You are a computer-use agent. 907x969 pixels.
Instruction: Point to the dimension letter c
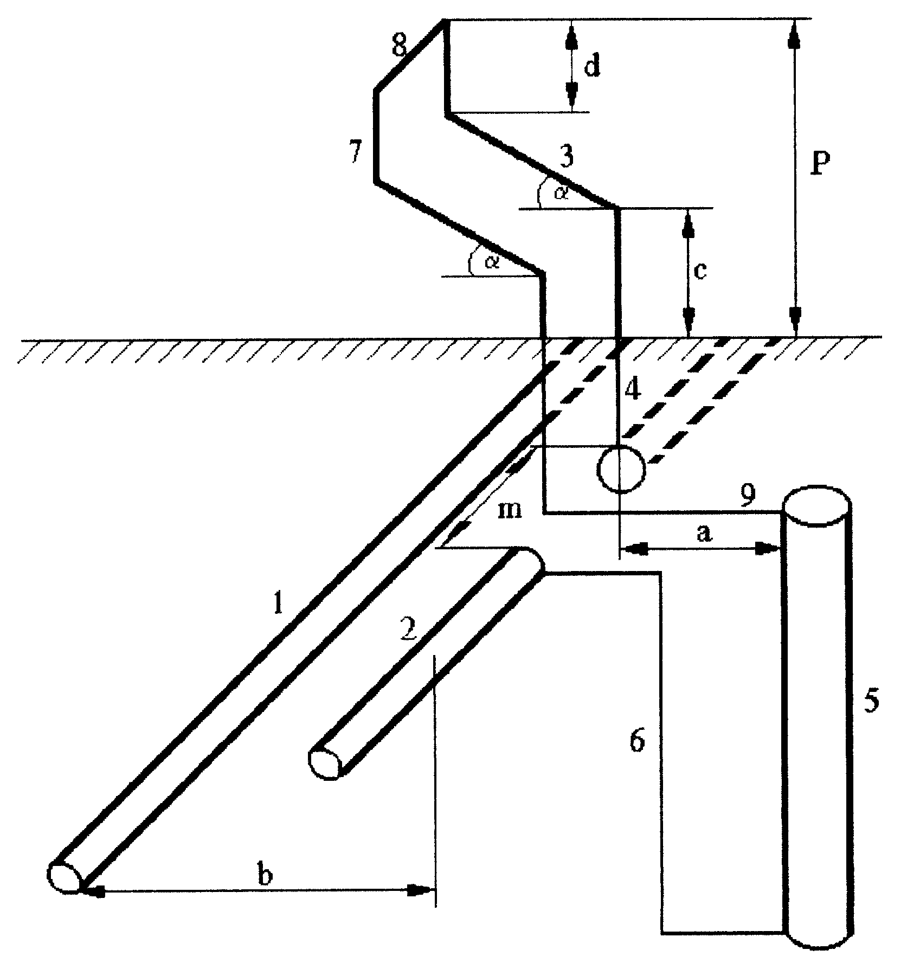(700, 271)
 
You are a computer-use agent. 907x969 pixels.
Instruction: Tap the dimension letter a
(703, 535)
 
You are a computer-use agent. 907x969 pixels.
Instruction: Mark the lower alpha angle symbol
(492, 262)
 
